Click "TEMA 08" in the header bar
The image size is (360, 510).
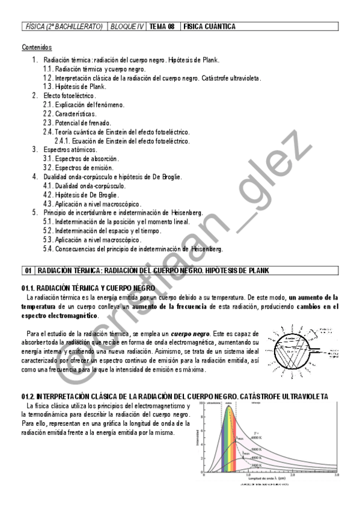click(162, 26)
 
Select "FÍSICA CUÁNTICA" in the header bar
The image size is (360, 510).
click(209, 26)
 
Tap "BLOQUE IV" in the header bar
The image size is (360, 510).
click(127, 26)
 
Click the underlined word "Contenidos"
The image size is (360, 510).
click(37, 47)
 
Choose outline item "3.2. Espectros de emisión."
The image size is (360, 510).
click(78, 168)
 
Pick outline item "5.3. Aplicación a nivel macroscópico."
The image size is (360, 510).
click(92, 239)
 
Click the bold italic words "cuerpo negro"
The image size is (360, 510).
click(190, 333)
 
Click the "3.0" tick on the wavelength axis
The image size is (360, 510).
click(336, 475)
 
